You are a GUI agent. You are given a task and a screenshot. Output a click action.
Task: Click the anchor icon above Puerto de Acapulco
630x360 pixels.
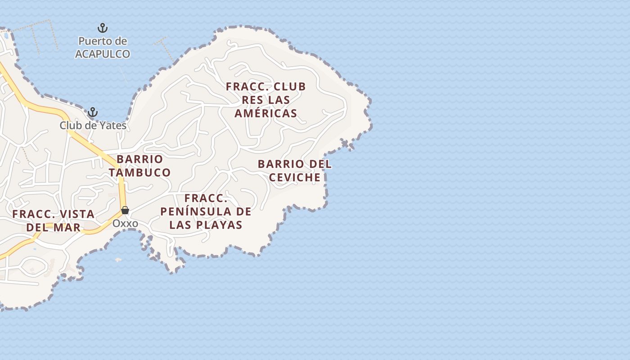coord(103,28)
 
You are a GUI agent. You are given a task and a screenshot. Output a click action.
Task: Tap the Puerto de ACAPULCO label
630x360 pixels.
coord(103,48)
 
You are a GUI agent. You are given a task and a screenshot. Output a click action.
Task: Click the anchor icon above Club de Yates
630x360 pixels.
coord(93,112)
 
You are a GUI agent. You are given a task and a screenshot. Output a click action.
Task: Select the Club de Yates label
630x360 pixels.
coord(93,126)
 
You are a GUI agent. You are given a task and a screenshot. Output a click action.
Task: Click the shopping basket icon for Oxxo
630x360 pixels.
coord(125,210)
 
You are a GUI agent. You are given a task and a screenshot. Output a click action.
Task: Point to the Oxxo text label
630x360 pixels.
coord(125,223)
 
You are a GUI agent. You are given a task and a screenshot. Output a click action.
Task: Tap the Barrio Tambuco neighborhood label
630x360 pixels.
coord(139,166)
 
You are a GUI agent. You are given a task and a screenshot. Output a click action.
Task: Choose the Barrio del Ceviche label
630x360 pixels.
coord(295,171)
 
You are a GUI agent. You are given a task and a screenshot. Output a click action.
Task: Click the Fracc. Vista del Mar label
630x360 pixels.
coord(54,220)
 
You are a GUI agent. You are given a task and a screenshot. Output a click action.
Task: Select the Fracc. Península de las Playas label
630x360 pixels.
coord(206,211)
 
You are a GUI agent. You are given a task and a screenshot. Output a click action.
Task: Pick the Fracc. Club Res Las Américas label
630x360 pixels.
coord(266,99)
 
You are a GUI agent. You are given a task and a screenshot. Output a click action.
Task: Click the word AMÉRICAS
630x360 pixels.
coord(266,113)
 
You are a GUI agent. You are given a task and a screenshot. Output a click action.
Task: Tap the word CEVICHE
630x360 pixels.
coord(295,177)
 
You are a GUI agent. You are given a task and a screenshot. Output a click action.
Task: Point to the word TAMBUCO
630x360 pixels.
coord(139,172)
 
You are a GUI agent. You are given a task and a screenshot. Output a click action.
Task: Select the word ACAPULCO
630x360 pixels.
coord(103,54)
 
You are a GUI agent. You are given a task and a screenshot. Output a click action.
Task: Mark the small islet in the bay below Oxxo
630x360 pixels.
coord(118,260)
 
